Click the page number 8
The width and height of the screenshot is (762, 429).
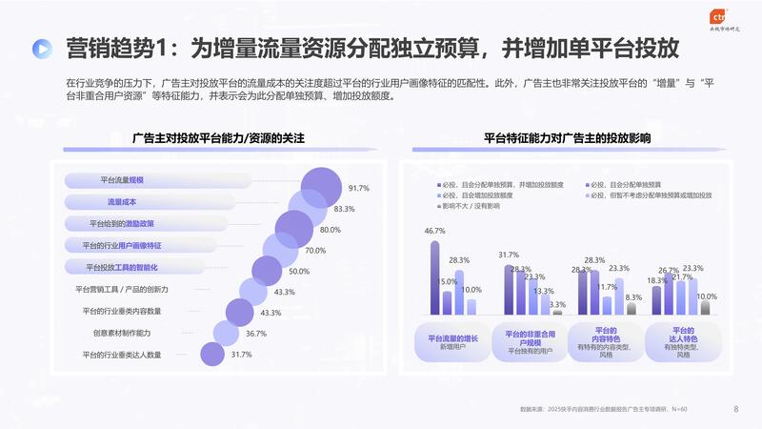735,409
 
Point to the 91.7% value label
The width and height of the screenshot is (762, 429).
358,188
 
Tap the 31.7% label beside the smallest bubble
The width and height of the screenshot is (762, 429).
241,355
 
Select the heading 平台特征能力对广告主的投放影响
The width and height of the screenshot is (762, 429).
567,138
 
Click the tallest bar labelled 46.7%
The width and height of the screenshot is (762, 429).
435,277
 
